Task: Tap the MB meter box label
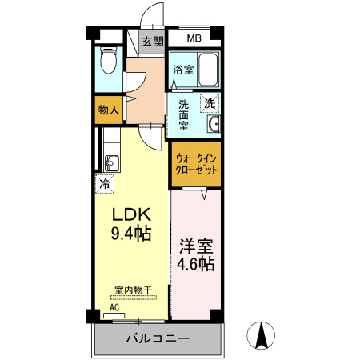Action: click(x=194, y=38)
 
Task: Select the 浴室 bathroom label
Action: click(x=183, y=70)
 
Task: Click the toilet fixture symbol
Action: click(x=110, y=60)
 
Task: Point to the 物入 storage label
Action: click(x=108, y=110)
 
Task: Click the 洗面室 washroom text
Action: click(x=183, y=114)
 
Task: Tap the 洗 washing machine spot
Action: click(x=209, y=102)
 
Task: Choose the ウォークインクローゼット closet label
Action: click(x=195, y=164)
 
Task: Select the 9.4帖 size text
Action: click(x=130, y=234)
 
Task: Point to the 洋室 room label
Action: click(x=197, y=245)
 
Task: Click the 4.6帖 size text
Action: click(x=197, y=263)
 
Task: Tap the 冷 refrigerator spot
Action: click(x=105, y=185)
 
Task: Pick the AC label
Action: click(x=113, y=306)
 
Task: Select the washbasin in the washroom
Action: click(x=214, y=125)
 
